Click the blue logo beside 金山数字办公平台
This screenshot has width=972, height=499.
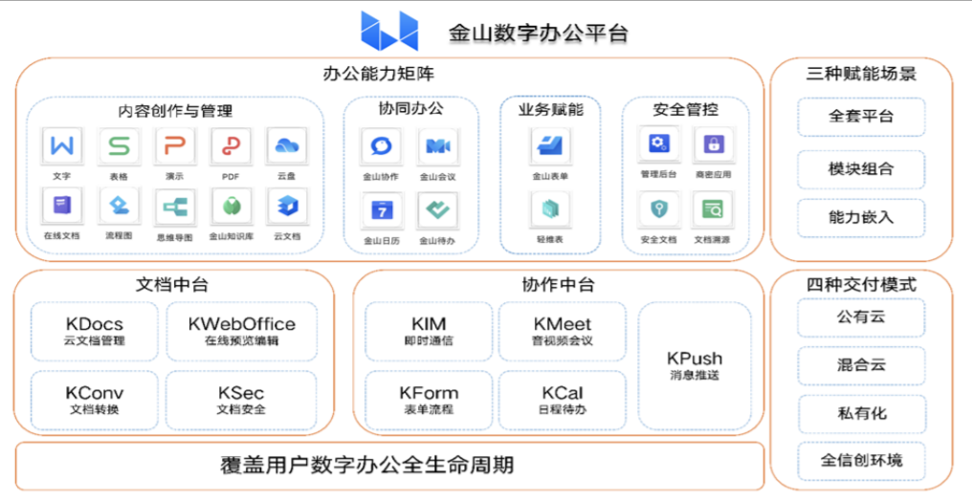click(x=389, y=31)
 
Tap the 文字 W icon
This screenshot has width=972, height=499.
click(x=63, y=146)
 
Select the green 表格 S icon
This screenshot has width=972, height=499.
click(x=119, y=146)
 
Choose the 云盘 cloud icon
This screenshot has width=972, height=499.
click(x=286, y=146)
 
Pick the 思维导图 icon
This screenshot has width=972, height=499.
click(x=175, y=206)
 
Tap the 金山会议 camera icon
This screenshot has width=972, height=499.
click(x=437, y=146)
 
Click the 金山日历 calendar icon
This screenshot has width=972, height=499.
click(x=382, y=210)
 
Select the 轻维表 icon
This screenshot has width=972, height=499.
click(x=549, y=209)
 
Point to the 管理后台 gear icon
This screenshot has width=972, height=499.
click(x=658, y=144)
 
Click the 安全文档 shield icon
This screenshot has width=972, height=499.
click(x=658, y=209)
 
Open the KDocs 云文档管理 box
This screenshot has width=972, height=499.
click(x=95, y=331)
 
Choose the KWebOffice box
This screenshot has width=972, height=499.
click(x=241, y=331)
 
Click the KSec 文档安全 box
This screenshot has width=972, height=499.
click(x=241, y=400)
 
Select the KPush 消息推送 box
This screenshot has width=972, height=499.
click(x=695, y=365)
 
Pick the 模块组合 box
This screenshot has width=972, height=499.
click(x=861, y=169)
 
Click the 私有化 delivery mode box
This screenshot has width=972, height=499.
click(x=861, y=413)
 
